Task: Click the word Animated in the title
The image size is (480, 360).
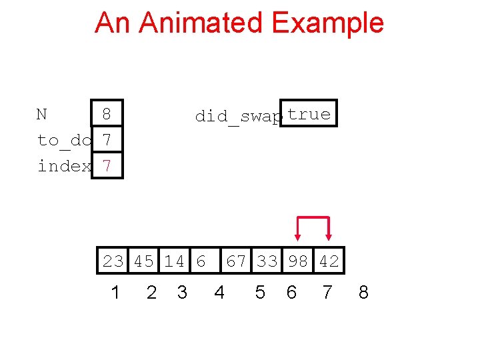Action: click(204, 23)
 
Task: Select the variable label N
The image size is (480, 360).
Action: click(42, 115)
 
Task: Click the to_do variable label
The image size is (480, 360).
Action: click(64, 141)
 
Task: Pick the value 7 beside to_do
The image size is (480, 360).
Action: click(107, 141)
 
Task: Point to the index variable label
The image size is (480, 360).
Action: click(64, 166)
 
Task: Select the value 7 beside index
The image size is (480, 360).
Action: click(107, 166)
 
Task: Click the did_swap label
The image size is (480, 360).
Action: click(238, 117)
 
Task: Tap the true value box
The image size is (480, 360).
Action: click(309, 113)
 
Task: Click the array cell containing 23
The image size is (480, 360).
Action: click(113, 261)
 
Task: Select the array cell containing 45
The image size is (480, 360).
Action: click(144, 261)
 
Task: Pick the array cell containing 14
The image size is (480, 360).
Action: click(175, 261)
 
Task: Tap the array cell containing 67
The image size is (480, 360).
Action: click(236, 261)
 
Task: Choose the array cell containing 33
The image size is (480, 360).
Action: click(267, 261)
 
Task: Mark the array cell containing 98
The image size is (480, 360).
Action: click(297, 261)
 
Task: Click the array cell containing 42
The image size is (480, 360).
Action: click(329, 261)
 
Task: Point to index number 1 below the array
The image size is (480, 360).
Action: click(115, 292)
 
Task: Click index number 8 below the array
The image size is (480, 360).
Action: click(363, 292)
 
